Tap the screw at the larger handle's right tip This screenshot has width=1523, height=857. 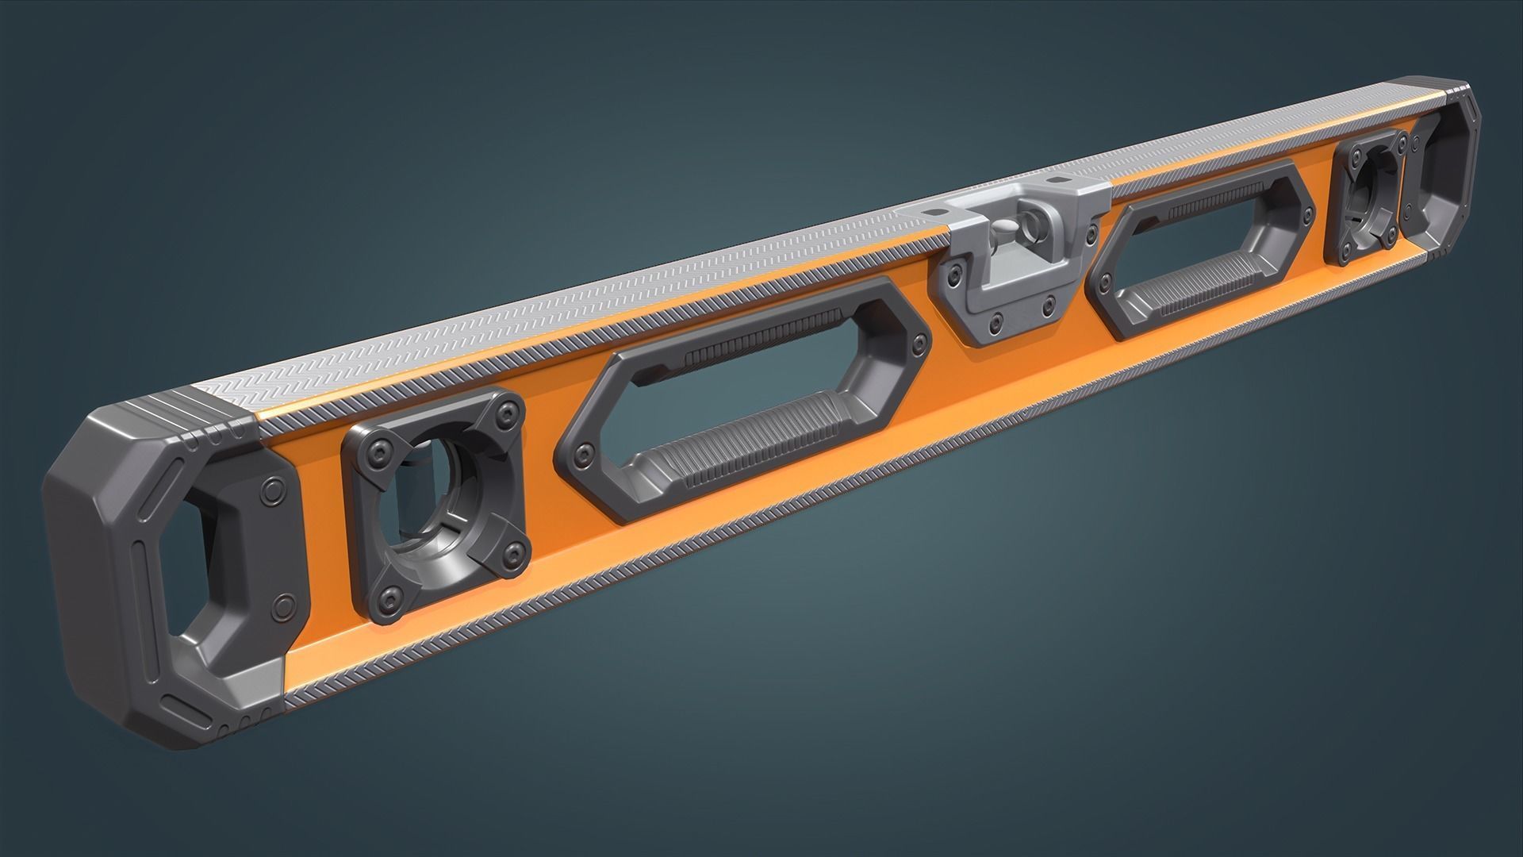click(919, 343)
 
